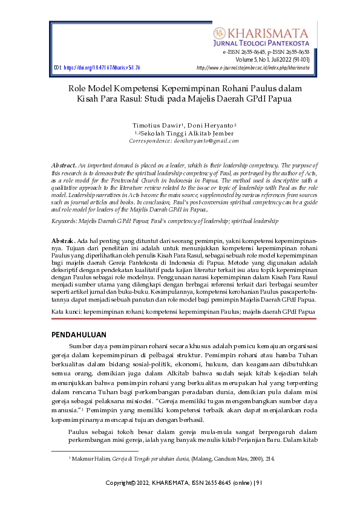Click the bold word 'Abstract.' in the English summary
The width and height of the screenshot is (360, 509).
[x=64, y=165]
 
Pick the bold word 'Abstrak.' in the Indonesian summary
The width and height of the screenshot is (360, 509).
[x=63, y=241]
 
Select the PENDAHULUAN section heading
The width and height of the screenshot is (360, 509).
[x=79, y=335]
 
